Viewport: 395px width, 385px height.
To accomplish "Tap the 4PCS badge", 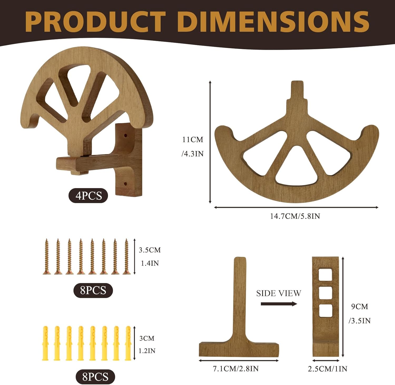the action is (x=88, y=196).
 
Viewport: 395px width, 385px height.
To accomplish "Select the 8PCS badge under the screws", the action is (x=93, y=290).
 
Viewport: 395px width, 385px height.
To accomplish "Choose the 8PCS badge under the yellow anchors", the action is (x=95, y=377).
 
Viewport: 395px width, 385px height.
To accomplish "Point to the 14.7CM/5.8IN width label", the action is (x=295, y=216).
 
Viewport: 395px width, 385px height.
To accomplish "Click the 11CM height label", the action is (x=193, y=139).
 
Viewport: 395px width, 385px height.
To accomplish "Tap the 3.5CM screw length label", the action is (x=150, y=250).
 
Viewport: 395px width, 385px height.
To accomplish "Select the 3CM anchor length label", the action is (x=147, y=338).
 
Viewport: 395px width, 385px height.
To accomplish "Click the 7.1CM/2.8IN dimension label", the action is (x=236, y=369).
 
